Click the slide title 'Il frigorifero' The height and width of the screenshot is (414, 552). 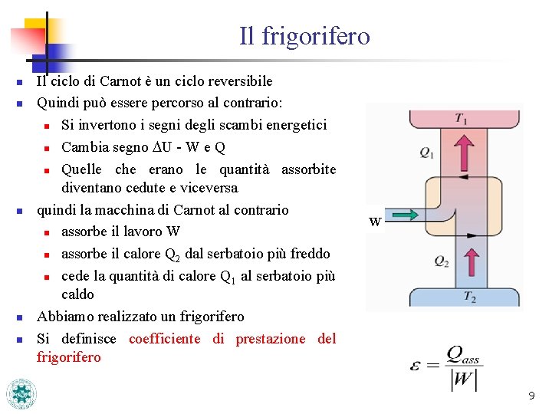[304, 36]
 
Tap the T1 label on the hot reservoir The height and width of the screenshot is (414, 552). [462, 118]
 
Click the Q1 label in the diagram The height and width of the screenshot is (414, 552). [427, 153]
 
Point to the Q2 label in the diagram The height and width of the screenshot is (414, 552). [442, 261]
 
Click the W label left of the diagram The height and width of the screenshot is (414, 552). [375, 222]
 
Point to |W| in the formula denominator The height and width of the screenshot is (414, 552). [464, 379]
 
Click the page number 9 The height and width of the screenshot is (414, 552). [531, 396]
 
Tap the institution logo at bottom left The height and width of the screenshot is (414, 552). [21, 393]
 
